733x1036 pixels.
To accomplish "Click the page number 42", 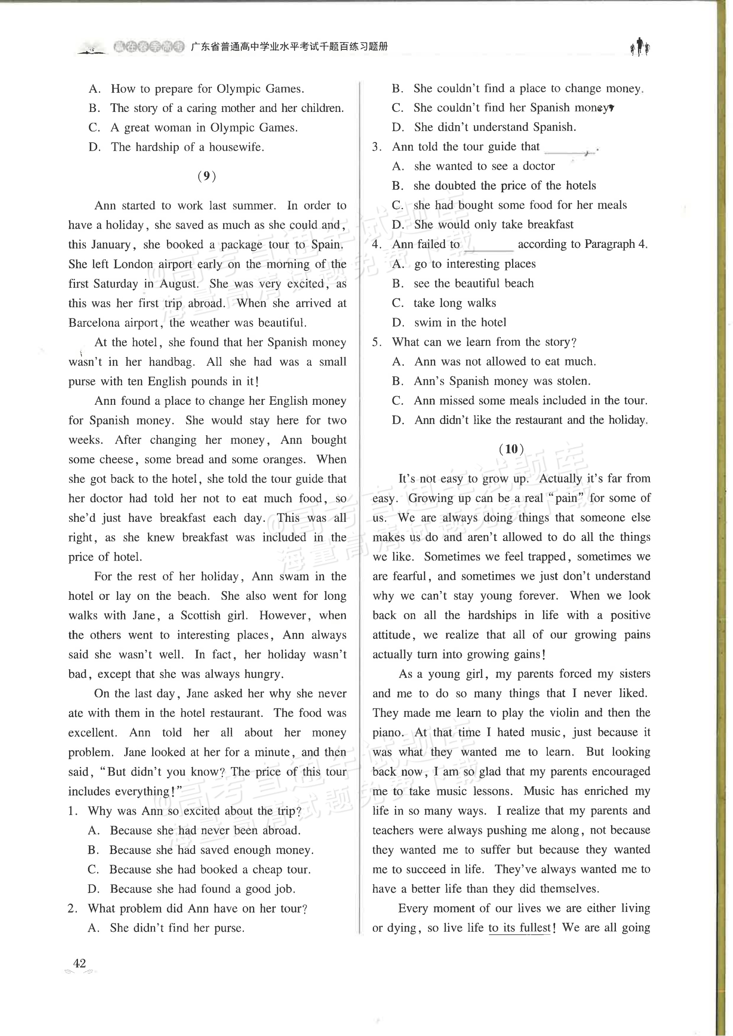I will pos(79,963).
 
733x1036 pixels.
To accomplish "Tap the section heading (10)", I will pos(511,449).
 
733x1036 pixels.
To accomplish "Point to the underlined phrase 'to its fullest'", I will pos(519,928).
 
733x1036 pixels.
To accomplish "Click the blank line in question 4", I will pos(488,246).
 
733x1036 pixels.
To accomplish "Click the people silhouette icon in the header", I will pos(640,47).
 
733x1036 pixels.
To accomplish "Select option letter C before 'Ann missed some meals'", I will pos(398,401).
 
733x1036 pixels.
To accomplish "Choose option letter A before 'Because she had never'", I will pos(93,831).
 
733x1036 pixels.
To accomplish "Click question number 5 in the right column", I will pos(377,342).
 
